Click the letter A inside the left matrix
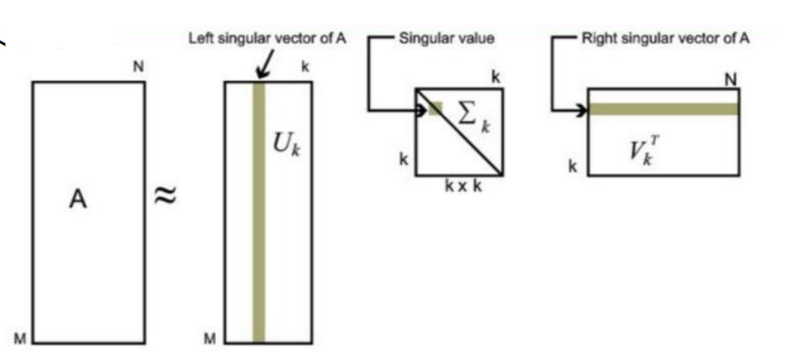(77, 200)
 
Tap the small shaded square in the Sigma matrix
(435, 108)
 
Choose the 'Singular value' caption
(446, 38)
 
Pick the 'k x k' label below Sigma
(463, 187)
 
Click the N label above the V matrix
(731, 78)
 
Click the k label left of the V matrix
(573, 167)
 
